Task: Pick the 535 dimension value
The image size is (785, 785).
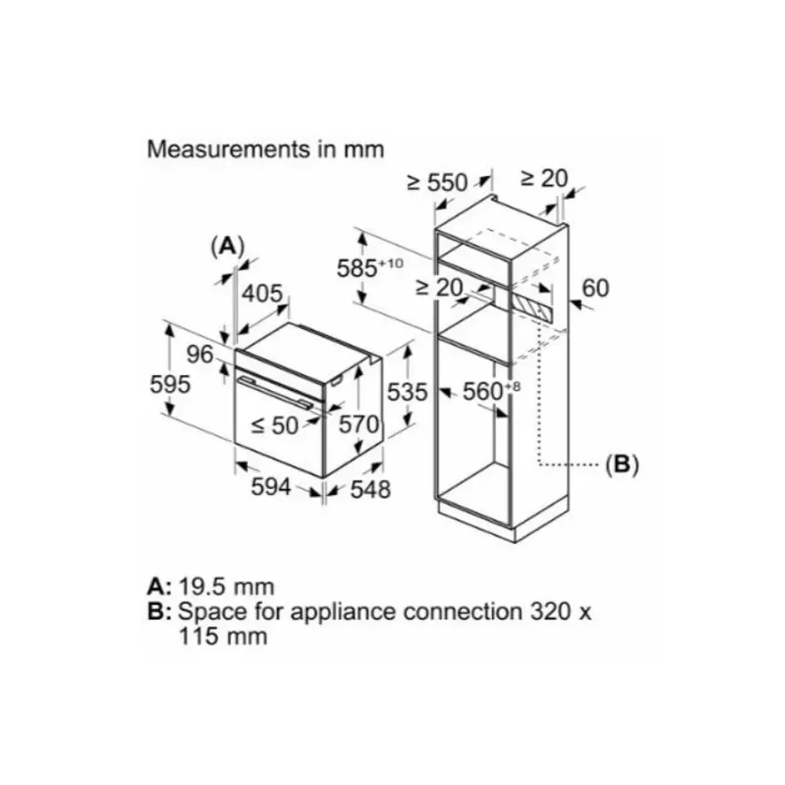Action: (x=406, y=392)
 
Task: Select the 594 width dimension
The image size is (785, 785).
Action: (x=272, y=486)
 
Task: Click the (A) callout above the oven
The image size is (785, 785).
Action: (x=227, y=246)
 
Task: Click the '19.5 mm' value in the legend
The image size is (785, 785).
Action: (x=226, y=587)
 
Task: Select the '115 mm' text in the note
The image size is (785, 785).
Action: (x=223, y=636)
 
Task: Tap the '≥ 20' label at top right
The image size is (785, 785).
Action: (x=544, y=178)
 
